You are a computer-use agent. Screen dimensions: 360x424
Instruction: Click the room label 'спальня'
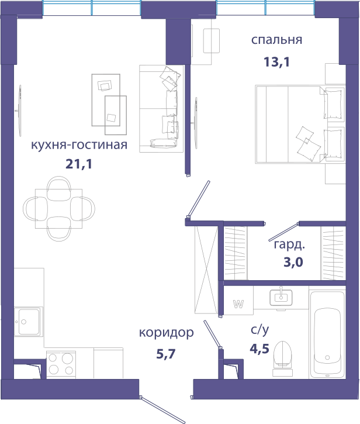(276, 40)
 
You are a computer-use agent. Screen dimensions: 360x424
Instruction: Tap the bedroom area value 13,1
(276, 62)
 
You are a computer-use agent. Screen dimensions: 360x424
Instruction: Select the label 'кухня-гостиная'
(79, 144)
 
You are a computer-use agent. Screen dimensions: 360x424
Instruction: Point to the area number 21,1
(79, 164)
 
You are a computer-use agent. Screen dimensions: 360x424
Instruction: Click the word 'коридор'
(166, 333)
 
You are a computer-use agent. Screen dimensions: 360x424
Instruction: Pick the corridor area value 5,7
(166, 354)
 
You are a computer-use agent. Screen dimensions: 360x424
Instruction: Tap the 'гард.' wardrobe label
(289, 245)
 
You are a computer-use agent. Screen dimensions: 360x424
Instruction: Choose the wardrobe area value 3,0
(293, 262)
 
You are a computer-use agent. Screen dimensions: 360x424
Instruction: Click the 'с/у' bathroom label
(259, 330)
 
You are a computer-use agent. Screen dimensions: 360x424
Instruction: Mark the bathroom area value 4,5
(259, 349)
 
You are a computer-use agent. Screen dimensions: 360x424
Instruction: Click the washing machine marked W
(238, 301)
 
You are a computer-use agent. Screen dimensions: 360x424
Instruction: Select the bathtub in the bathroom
(327, 334)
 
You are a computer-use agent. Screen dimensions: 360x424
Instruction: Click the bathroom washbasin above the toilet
(281, 297)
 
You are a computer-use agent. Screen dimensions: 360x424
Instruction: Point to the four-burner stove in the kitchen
(61, 364)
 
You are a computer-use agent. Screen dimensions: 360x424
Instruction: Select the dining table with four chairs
(59, 208)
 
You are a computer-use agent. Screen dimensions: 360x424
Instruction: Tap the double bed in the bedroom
(300, 125)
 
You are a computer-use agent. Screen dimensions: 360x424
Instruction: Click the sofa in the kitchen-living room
(162, 109)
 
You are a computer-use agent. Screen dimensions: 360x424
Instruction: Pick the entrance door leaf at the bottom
(163, 409)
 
